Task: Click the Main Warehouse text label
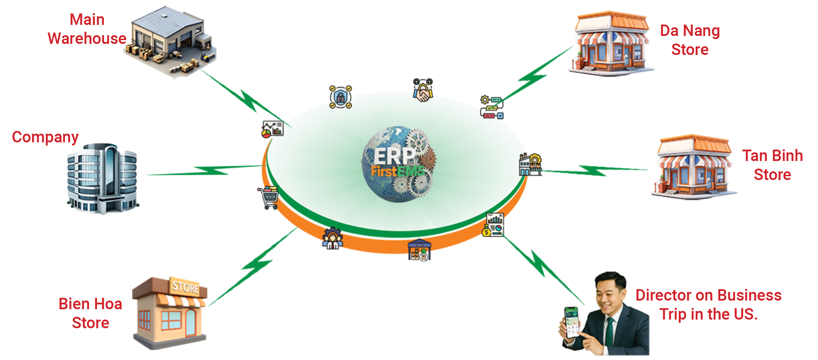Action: (x=87, y=29)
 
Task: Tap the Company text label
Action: (x=45, y=137)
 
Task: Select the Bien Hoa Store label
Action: (x=90, y=313)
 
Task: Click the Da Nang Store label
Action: (x=690, y=40)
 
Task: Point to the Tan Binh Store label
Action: (x=772, y=165)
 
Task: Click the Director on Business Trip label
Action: (x=709, y=305)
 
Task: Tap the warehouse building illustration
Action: (x=170, y=41)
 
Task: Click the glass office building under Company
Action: (x=102, y=178)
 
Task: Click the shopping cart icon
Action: (x=268, y=198)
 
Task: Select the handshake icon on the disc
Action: (x=423, y=91)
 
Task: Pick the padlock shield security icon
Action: (x=340, y=97)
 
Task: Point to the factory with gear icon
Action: (x=530, y=164)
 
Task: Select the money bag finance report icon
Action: (x=493, y=225)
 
